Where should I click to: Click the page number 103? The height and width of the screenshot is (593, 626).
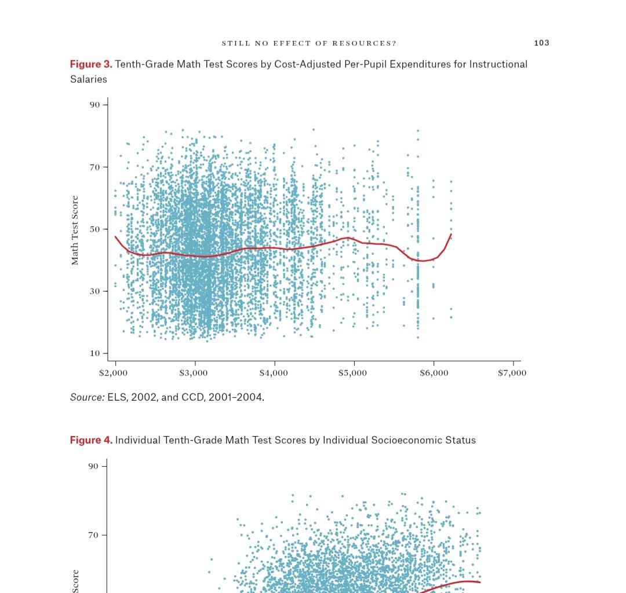coord(541,43)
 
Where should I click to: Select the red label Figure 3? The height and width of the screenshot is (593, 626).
coord(91,64)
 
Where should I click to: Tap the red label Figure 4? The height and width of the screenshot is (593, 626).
coord(91,440)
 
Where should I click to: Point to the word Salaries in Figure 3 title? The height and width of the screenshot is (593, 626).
coord(89,79)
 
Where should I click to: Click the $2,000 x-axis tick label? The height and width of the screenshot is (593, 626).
coord(114,373)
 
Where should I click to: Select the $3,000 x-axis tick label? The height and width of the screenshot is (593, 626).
coord(194,373)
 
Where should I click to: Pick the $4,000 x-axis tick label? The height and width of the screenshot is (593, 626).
coord(274,373)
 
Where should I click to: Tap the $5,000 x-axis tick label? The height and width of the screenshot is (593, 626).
coord(353,373)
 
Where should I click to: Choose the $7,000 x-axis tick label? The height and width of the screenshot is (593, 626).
coord(512,373)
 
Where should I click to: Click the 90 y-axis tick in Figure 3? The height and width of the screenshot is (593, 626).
coord(94,105)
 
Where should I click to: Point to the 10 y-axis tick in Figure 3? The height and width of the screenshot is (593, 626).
coord(94,353)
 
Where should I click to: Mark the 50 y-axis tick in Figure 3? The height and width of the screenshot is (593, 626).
coord(94,229)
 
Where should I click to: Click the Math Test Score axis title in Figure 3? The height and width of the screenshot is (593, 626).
coord(75,230)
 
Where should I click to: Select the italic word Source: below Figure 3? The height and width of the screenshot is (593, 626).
coord(88,397)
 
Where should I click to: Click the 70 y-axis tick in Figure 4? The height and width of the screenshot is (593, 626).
coord(94,535)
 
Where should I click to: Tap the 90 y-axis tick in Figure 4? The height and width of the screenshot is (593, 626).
coord(94,466)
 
